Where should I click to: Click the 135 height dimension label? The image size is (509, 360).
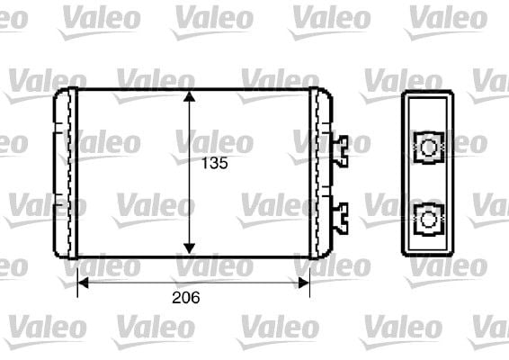[213, 164]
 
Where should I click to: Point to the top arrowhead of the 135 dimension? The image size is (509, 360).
[190, 95]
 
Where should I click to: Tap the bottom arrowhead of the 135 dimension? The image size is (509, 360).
[190, 248]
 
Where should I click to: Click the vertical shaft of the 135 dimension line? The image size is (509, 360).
[190, 198]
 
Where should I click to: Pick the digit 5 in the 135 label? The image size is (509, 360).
[223, 164]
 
